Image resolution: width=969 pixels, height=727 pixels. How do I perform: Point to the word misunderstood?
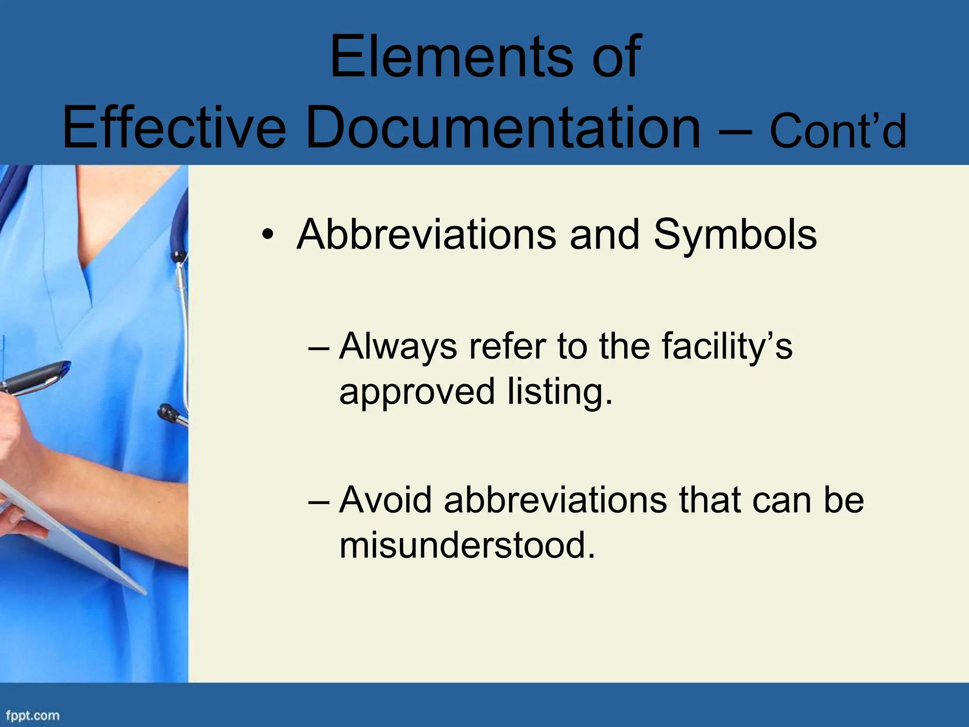(467, 545)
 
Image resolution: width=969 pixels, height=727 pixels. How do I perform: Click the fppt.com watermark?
(33, 715)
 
